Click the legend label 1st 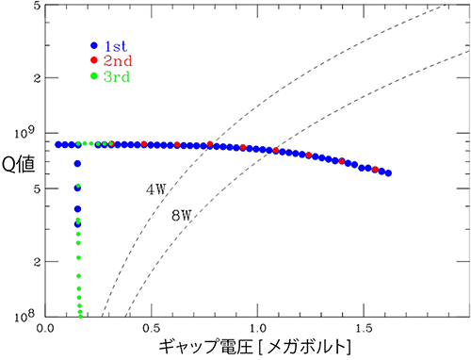117,44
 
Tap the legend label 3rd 117,76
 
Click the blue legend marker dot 94,44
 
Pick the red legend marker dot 94,60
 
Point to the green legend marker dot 94,76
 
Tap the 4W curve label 155,188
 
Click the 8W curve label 181,216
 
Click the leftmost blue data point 59,144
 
